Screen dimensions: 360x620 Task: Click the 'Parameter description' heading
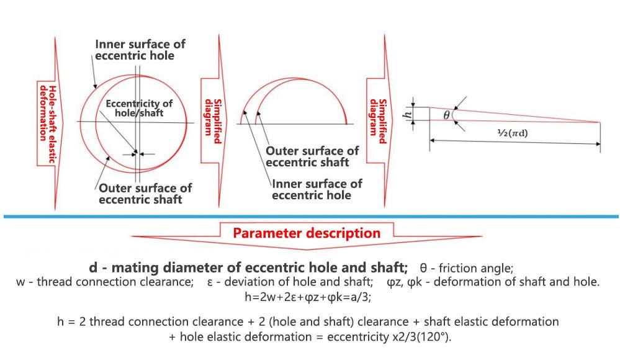click(x=307, y=233)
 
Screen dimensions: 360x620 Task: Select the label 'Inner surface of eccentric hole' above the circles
click(x=140, y=50)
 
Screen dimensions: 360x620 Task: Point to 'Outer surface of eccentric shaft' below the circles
click(x=145, y=193)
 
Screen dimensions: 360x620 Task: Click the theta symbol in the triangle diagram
click(x=446, y=114)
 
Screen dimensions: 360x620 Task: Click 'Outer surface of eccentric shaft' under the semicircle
click(x=312, y=156)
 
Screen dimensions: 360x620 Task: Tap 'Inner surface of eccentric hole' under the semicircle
click(x=317, y=189)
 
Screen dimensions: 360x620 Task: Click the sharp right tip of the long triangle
click(x=600, y=122)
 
